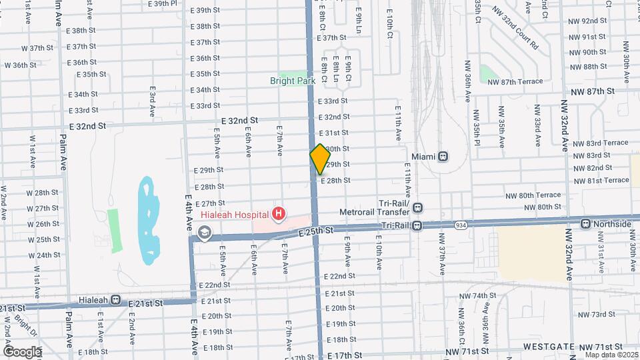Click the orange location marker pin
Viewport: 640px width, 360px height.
[320, 159]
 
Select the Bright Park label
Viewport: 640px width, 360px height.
[293, 81]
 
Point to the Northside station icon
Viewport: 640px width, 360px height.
[585, 224]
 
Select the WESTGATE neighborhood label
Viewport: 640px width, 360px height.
[548, 347]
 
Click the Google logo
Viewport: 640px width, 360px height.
[22, 351]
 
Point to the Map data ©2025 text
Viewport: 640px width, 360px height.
[611, 355]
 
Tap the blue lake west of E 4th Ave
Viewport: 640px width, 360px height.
[147, 220]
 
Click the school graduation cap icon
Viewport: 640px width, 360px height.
[203, 233]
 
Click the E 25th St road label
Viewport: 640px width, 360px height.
[315, 231]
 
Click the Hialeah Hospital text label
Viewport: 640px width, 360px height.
[234, 215]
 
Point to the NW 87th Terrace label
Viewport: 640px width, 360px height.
[515, 81]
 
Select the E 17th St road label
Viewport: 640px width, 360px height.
[345, 356]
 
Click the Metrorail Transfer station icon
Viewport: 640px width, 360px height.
[417, 207]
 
